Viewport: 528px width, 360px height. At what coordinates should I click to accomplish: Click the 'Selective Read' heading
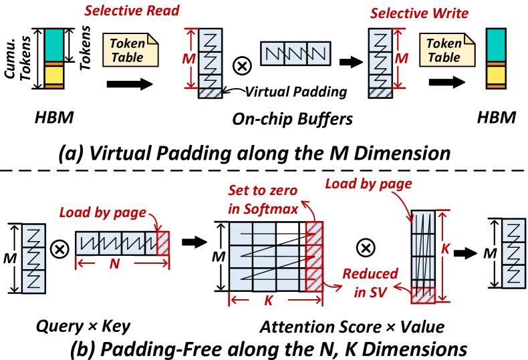coord(132,11)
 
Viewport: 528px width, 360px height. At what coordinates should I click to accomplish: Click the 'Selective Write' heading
coord(419,13)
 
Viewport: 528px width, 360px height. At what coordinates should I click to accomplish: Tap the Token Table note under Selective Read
coord(130,50)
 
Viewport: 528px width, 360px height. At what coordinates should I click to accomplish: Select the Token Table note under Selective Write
coord(446,50)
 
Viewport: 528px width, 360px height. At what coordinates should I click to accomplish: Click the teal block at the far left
coord(54,45)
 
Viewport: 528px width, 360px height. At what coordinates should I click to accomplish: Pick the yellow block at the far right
coord(496,75)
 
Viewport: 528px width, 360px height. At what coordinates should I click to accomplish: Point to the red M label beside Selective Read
coord(189,59)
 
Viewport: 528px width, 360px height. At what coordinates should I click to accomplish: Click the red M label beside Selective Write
coord(401,59)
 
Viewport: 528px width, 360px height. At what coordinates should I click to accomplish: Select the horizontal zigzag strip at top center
coord(295,53)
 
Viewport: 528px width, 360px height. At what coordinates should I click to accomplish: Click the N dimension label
coord(114,264)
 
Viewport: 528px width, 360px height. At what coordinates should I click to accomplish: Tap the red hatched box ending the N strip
coord(164,242)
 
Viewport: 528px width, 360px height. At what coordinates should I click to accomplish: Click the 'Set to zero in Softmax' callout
coord(263,200)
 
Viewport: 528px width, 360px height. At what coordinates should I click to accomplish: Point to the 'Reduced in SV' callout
coord(370,283)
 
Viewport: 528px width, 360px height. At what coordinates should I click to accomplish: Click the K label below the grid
coord(268,301)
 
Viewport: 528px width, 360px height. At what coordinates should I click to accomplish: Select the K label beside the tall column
coord(445,249)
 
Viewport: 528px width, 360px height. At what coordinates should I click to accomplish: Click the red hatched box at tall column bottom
coord(423,295)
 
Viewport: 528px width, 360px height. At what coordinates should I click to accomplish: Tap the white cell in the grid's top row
coord(287,229)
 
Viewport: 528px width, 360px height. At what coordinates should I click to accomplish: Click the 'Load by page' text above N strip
coord(103,213)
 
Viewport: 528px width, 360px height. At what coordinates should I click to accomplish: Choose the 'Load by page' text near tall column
coord(368,184)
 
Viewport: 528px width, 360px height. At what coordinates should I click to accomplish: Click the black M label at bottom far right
coord(490,254)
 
